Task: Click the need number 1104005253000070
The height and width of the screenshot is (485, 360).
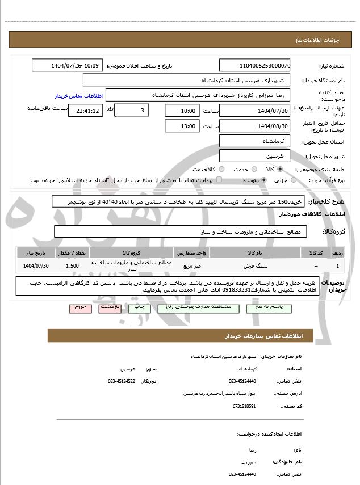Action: point(255,66)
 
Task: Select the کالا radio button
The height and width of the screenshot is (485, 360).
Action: point(280,169)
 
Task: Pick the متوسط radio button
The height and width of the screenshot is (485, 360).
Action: point(263,180)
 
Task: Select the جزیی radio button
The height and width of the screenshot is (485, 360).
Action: point(293,180)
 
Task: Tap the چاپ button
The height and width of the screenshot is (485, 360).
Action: point(139,307)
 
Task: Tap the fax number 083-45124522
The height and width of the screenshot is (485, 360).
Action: point(121,381)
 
